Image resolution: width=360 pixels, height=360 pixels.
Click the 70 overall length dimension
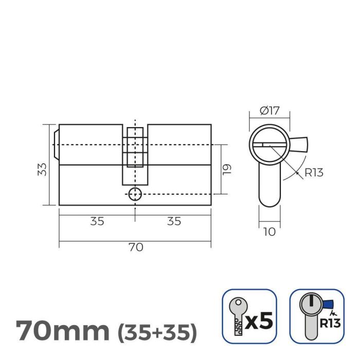point(135,247)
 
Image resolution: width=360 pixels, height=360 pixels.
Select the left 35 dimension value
point(97,221)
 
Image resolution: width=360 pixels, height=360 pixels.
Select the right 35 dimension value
point(174,221)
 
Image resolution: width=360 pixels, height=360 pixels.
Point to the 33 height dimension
point(44,169)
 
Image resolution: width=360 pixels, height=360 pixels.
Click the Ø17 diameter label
point(269,110)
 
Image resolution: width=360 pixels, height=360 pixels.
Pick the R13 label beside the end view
point(314,173)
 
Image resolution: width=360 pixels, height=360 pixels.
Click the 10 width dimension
point(269,232)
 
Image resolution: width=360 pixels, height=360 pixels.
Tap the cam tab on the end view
point(300,143)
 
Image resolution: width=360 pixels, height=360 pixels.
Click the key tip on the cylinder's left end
point(56,145)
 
